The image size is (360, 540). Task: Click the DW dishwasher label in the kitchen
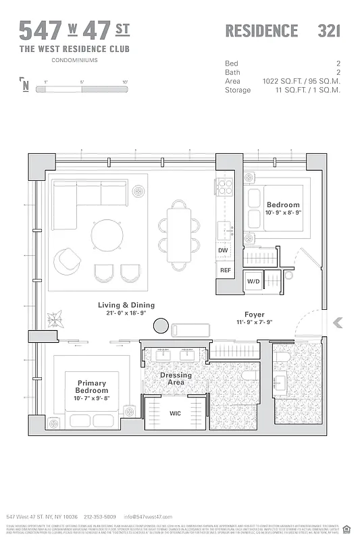(224, 250)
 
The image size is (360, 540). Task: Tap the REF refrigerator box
(224, 270)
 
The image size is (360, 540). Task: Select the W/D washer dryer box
(253, 281)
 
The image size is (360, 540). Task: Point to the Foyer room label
(254, 315)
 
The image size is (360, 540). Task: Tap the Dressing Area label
(176, 379)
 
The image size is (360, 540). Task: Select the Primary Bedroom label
(91, 387)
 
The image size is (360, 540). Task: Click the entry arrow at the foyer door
(338, 323)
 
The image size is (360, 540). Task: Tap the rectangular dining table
(179, 235)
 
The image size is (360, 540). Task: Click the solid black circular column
(161, 327)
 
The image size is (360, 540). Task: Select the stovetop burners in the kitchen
(224, 187)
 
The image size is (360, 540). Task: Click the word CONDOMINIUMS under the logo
(74, 61)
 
